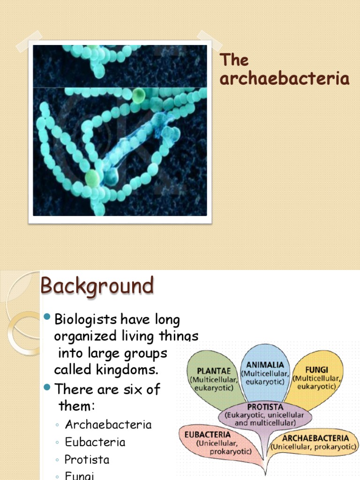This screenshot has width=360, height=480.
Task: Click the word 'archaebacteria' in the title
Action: coord(285,79)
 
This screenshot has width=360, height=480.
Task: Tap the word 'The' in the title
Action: coord(234,60)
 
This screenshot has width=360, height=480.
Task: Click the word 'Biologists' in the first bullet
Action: coord(86,320)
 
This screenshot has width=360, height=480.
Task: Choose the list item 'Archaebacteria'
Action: coord(108,425)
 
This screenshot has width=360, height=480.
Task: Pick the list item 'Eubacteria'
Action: coord(95,442)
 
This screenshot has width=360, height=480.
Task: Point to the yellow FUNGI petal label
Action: coord(316,370)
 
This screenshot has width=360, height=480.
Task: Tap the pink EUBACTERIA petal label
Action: coord(207,435)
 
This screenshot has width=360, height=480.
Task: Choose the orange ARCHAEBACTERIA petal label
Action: coord(315,438)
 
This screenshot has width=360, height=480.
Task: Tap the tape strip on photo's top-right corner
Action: coord(209,41)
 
